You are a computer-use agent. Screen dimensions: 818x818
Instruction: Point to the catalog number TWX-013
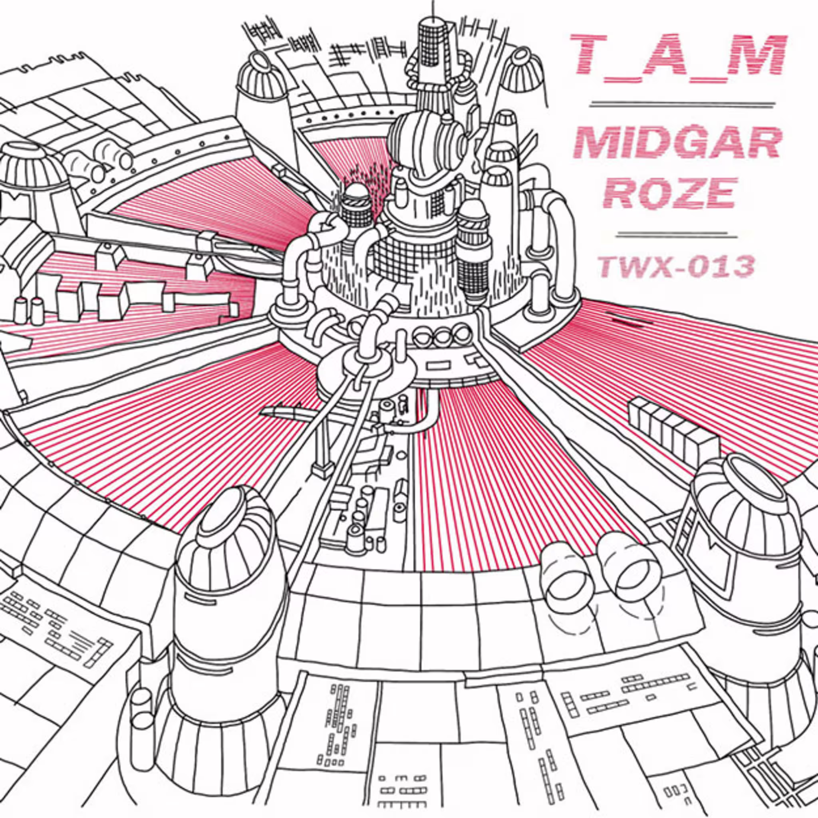(676, 266)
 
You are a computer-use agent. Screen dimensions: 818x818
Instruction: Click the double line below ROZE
(677, 234)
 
